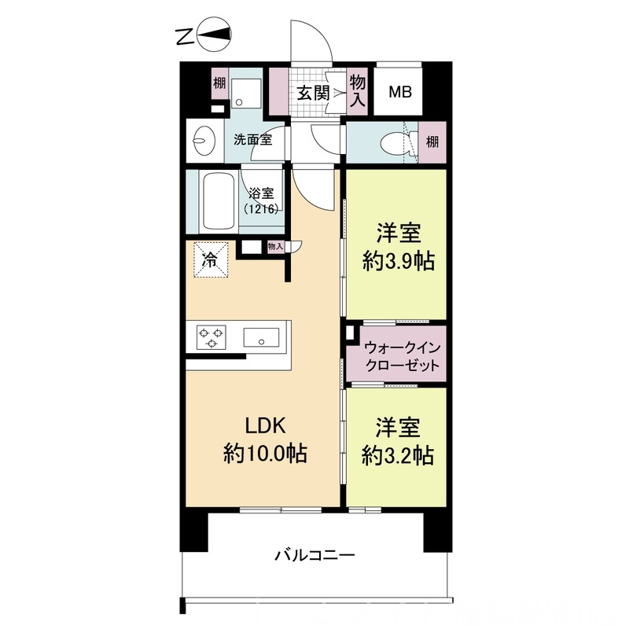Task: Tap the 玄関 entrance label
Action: click(312, 93)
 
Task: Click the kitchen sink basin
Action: click(259, 338)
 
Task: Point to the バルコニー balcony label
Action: click(314, 555)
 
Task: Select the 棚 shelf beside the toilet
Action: click(432, 142)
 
